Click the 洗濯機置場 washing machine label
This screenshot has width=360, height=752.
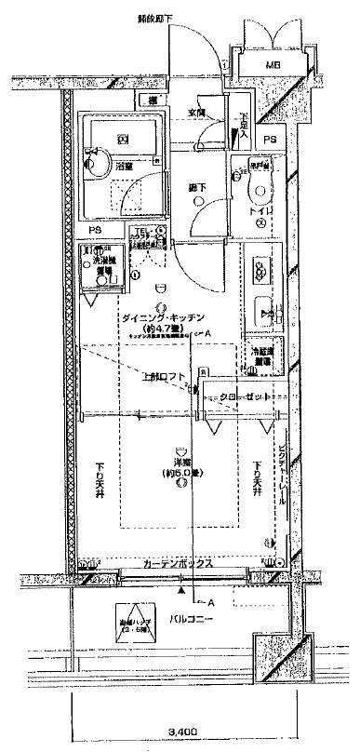109,263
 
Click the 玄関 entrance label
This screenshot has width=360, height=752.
196,113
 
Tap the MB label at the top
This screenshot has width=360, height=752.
272,64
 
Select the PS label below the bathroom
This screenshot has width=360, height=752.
95,229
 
